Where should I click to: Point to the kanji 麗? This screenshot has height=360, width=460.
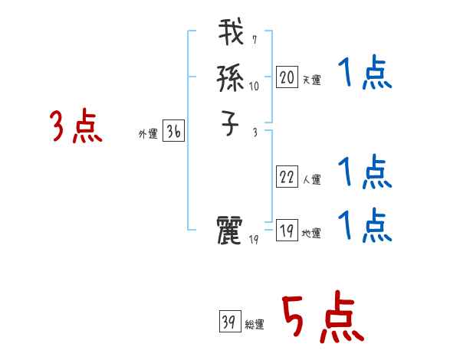click(232, 231)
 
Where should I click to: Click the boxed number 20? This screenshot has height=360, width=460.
click(287, 77)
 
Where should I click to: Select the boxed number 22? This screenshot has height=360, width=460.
click(287, 177)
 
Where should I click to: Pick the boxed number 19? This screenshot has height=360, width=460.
click(287, 231)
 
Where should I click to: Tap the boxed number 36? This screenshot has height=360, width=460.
click(173, 132)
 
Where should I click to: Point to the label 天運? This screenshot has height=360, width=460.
click(311, 80)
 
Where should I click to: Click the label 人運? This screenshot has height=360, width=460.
click(311, 180)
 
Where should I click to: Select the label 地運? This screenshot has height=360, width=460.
click(311, 234)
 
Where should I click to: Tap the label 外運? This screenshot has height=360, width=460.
click(148, 134)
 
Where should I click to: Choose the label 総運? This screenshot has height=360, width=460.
click(255, 325)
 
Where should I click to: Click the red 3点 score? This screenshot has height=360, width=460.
click(76, 126)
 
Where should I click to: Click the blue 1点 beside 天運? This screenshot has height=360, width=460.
click(365, 74)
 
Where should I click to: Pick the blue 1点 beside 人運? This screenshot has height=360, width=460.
click(365, 172)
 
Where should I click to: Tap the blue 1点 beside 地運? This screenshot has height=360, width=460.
click(365, 225)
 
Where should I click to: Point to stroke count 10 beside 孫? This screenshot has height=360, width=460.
click(254, 87)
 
